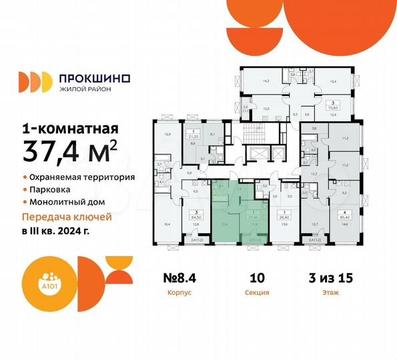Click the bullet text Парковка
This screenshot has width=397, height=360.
[x=51, y=189]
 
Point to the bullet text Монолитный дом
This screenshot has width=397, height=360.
[x=69, y=201]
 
